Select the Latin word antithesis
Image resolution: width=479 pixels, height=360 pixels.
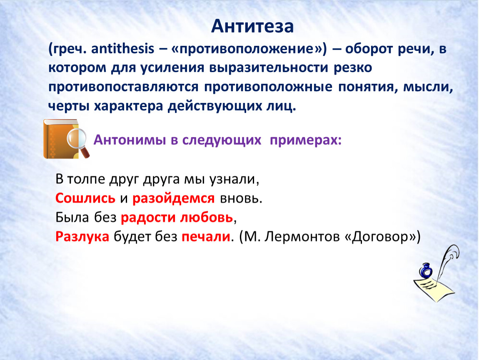click(122, 49)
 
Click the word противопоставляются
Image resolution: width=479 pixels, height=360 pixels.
click(123, 87)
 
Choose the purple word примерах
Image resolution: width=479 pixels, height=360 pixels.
click(305, 140)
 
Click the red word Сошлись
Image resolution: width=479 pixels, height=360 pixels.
click(85, 198)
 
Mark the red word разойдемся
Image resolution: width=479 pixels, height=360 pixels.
click(174, 199)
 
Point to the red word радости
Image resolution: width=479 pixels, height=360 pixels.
click(148, 218)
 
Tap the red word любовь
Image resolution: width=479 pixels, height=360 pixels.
click(207, 217)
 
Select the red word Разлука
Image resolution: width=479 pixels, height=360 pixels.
click(82, 237)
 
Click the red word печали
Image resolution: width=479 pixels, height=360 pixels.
click(206, 237)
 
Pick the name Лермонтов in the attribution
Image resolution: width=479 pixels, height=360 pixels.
click(302, 237)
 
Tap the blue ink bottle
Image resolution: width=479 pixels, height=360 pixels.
click(426, 270)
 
